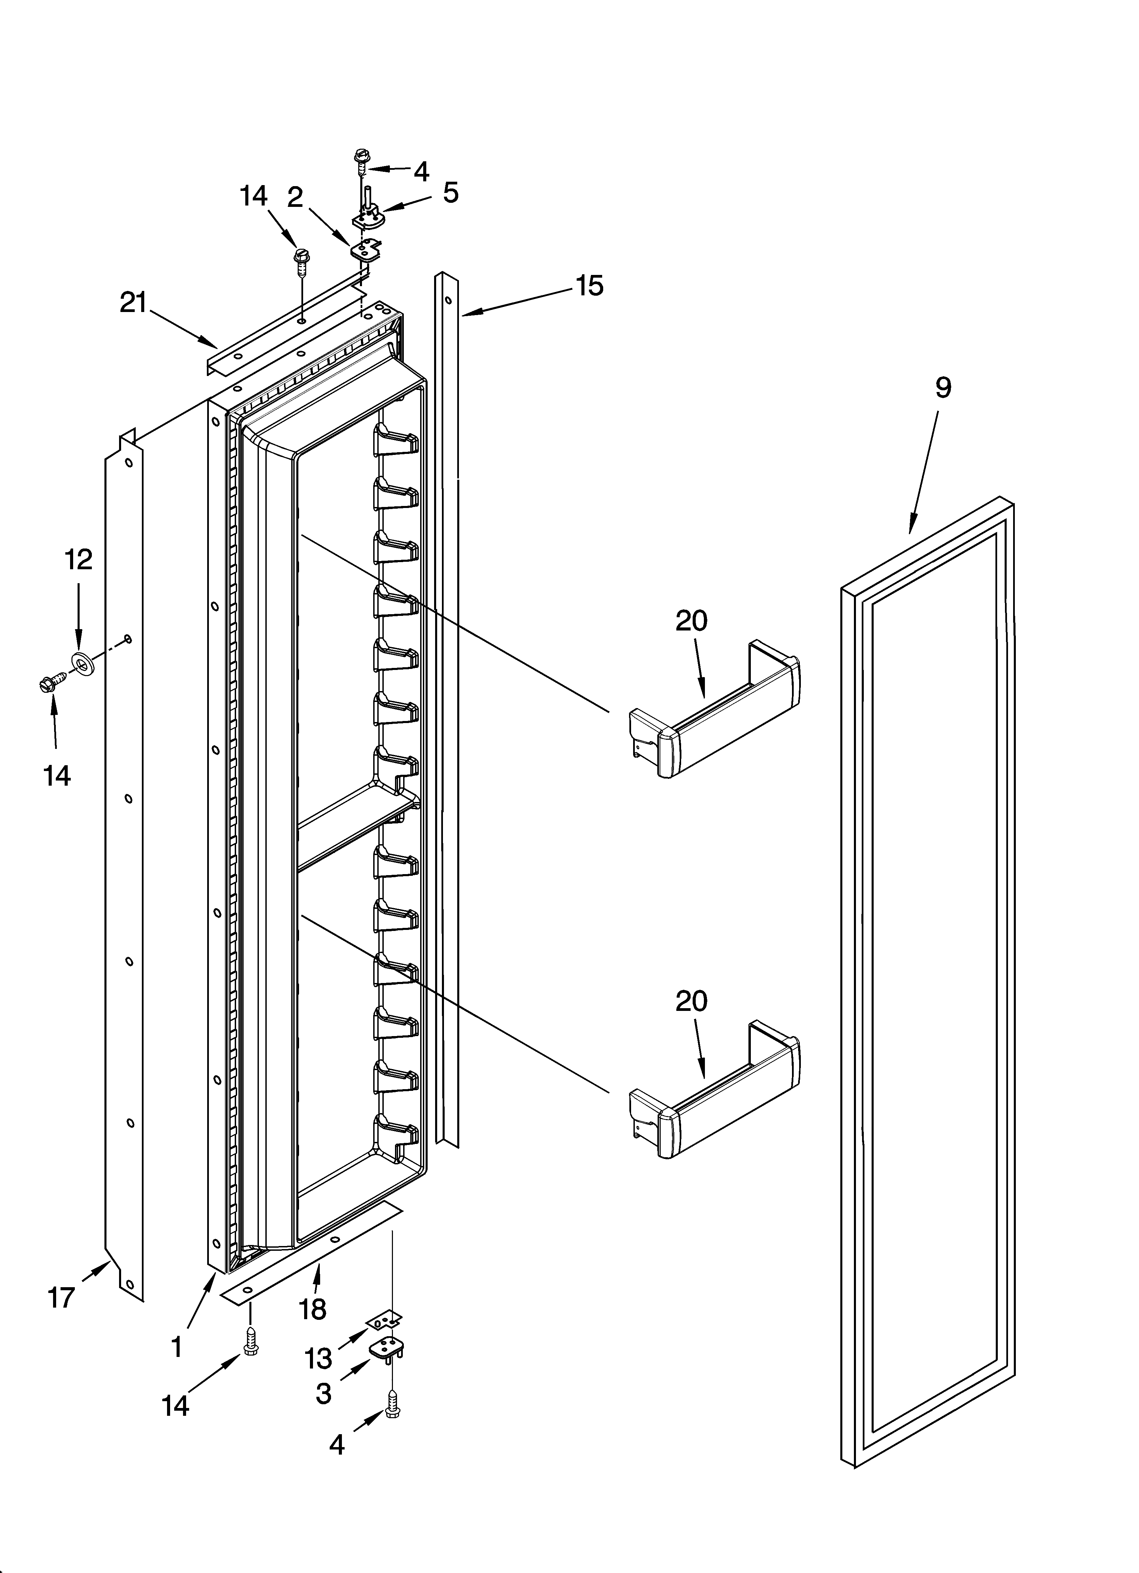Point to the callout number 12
pyautogui.click(x=78, y=559)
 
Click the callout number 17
pyautogui.click(x=61, y=1297)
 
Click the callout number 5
pyautogui.click(x=451, y=193)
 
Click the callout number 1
pyautogui.click(x=177, y=1347)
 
